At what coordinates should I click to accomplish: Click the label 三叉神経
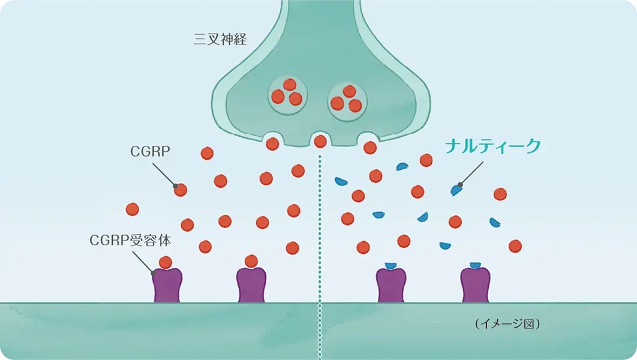tap(220, 40)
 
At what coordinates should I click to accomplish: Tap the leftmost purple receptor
tap(166, 284)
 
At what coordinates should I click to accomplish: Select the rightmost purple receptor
tap(475, 284)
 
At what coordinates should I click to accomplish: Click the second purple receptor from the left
tap(251, 284)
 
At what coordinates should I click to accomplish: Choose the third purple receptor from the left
tap(391, 284)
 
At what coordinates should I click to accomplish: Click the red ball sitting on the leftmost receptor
tap(166, 262)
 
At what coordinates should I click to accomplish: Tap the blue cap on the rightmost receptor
tap(475, 265)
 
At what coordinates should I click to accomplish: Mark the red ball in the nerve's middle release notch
tap(320, 142)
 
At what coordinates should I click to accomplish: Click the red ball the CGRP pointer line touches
tap(180, 190)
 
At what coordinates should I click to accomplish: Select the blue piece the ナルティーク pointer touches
tap(457, 189)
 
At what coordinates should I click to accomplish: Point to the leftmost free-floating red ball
tap(133, 209)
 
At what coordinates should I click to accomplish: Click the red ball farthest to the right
tap(515, 246)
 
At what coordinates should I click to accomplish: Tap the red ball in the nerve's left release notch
tap(272, 144)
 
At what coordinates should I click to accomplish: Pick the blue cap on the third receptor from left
tap(391, 265)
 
